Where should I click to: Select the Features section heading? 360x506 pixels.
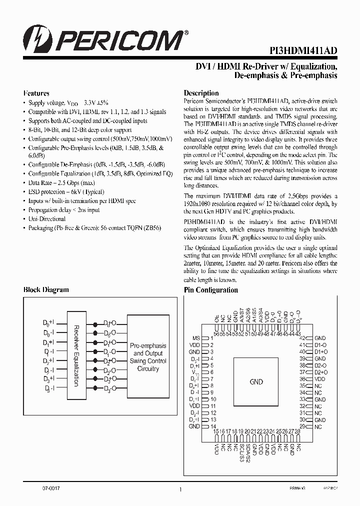36,93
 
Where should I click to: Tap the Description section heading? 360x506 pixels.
201,93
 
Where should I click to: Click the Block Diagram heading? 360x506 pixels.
46,290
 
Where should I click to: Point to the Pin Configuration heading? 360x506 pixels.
210,290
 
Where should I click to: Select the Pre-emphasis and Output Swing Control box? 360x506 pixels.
148,357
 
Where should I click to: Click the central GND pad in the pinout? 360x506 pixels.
256,382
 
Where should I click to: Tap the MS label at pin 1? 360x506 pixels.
195,338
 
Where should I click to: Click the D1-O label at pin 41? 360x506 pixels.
320,345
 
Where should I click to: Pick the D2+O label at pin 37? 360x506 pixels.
320,372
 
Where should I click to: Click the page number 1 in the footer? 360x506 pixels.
179,490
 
